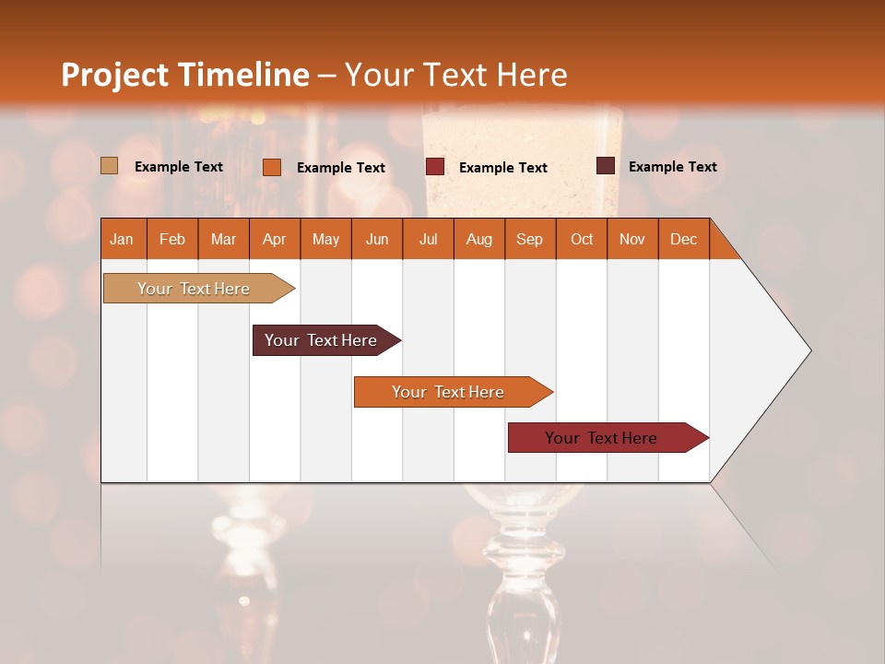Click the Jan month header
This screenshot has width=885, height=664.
coord(123,239)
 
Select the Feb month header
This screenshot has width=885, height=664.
coord(172,239)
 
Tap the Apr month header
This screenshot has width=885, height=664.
coord(274,239)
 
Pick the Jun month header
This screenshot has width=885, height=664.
coord(377,239)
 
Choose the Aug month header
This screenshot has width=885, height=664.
coord(478,239)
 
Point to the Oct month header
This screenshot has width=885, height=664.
coord(582,239)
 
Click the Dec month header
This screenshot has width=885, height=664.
coord(683,239)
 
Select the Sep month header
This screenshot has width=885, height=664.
coord(529,239)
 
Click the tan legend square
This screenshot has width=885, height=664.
coord(110,166)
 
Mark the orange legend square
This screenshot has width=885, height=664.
coord(272,167)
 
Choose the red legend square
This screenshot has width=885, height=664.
coord(435,167)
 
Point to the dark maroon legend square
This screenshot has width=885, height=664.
coord(606,166)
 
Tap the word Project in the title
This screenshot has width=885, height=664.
coord(115,75)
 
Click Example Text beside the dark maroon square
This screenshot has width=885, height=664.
coord(672,167)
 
